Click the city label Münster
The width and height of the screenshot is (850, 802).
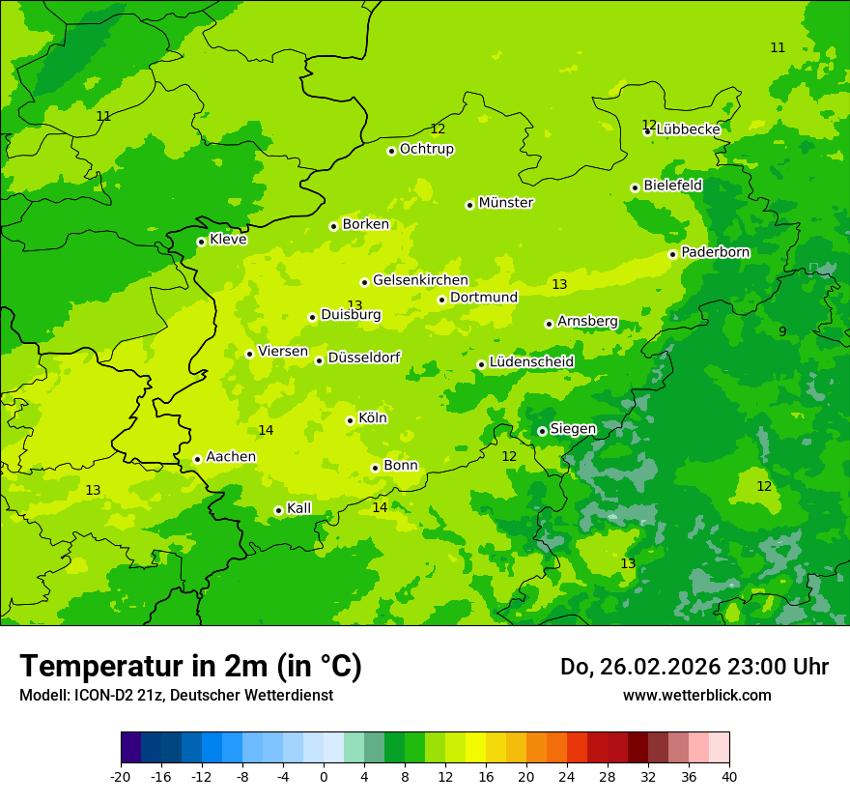[505, 203]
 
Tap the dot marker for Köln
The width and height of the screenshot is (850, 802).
[350, 420]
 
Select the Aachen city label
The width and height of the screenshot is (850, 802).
[231, 457]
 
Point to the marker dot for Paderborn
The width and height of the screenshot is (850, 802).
[672, 254]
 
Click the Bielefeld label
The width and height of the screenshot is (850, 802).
[672, 186]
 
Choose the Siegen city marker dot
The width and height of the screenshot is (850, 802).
[542, 431]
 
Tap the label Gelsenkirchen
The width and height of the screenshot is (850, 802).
[420, 280]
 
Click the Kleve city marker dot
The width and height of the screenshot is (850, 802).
[201, 242]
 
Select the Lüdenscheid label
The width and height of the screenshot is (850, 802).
[531, 362]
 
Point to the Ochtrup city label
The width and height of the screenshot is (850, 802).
[426, 149]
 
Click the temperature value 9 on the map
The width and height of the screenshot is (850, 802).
[782, 331]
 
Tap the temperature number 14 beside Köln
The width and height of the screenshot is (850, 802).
[266, 430]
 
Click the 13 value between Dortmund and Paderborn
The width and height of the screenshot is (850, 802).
[559, 284]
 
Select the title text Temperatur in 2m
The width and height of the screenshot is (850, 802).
[190, 666]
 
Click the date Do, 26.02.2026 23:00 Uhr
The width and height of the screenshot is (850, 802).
[694, 667]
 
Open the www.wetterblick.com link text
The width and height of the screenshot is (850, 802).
[696, 695]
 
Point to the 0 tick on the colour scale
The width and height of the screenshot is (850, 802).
[324, 777]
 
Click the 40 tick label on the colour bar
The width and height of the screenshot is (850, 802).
[729, 777]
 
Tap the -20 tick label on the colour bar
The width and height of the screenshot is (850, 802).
[121, 777]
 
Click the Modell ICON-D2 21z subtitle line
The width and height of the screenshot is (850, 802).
[176, 695]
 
